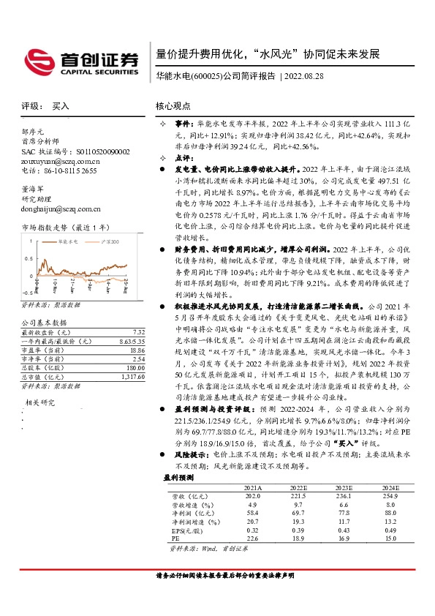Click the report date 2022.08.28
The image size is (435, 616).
click(x=303, y=77)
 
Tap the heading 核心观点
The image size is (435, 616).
click(x=175, y=106)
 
